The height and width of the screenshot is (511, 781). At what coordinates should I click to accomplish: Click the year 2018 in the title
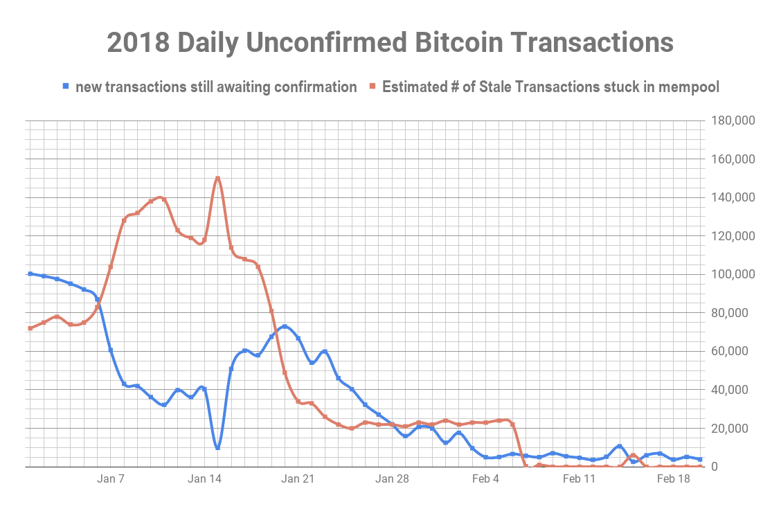click(x=141, y=42)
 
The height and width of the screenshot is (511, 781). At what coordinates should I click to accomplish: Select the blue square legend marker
click(x=66, y=87)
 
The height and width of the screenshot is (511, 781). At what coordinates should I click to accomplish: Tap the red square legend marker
click(x=372, y=87)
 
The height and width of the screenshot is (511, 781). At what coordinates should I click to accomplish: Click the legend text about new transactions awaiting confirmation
click(x=216, y=87)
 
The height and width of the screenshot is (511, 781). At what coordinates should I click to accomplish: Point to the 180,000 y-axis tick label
click(x=732, y=121)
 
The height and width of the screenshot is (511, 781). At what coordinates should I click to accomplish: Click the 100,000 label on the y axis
click(x=732, y=275)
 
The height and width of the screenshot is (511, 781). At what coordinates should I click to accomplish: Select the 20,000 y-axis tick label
click(x=735, y=429)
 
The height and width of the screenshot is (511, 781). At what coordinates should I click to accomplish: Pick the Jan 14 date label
click(x=204, y=478)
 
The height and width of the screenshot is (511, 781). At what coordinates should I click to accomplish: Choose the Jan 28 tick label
click(x=392, y=478)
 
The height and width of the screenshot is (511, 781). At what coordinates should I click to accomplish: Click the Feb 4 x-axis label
click(x=485, y=478)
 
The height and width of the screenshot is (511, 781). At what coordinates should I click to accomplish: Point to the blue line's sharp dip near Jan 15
click(x=218, y=447)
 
